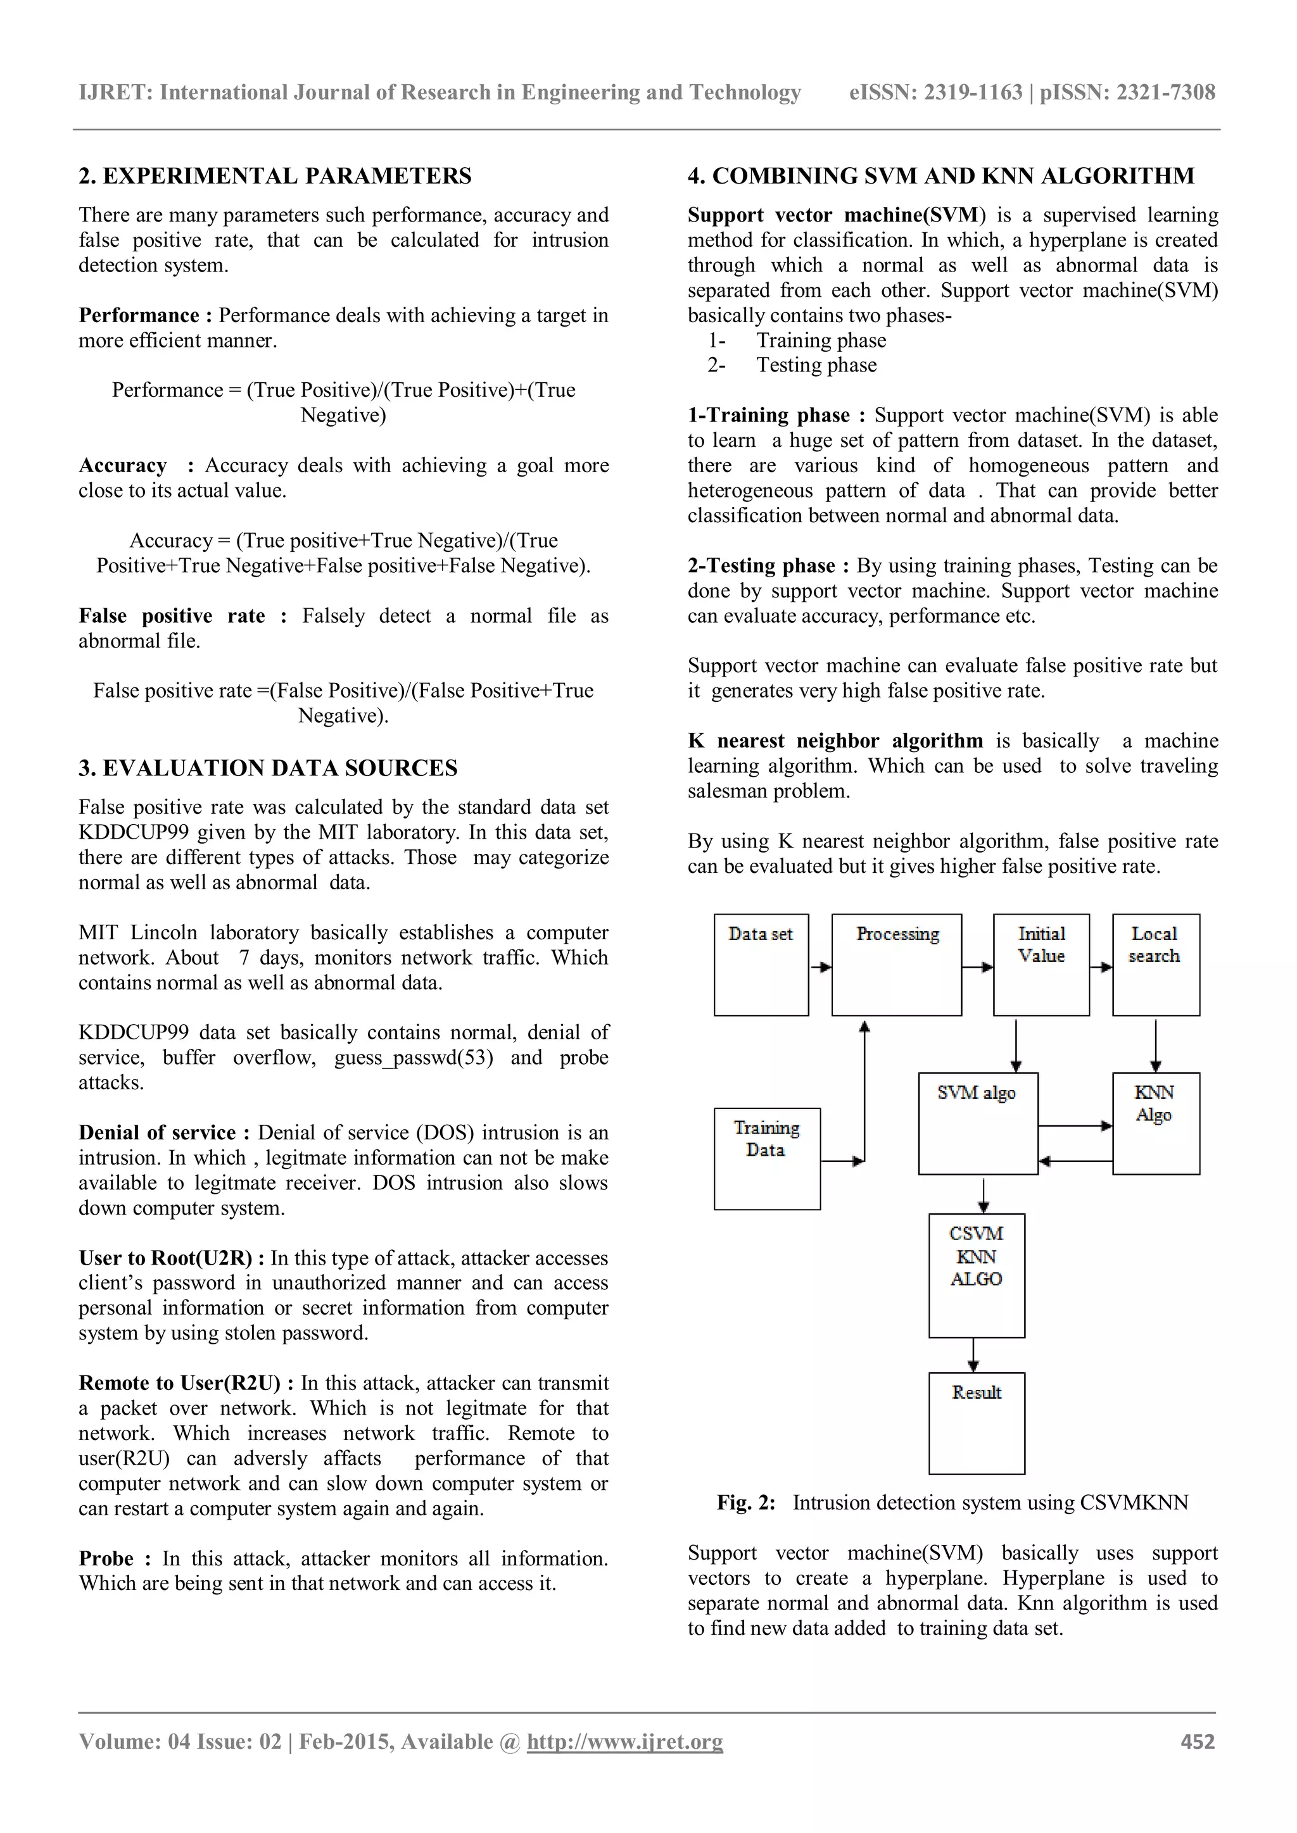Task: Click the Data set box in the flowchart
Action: [x=761, y=965]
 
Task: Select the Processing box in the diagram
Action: [x=896, y=965]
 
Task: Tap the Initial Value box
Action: [x=1041, y=965]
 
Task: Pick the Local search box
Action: [x=1155, y=965]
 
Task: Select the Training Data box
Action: [x=767, y=1158]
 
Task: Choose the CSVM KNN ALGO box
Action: [x=976, y=1275]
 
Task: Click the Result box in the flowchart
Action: [x=976, y=1423]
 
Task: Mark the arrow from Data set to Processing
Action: [x=820, y=967]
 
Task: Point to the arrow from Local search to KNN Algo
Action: [x=1155, y=1044]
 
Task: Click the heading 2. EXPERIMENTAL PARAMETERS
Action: [x=275, y=175]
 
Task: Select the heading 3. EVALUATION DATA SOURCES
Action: [x=267, y=768]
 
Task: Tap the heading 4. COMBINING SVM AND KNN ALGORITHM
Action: [x=941, y=175]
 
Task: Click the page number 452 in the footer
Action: [x=1197, y=1741]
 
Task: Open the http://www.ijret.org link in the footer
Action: [x=624, y=1741]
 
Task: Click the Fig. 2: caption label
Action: [x=745, y=1503]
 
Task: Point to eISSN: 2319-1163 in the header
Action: [x=935, y=92]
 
